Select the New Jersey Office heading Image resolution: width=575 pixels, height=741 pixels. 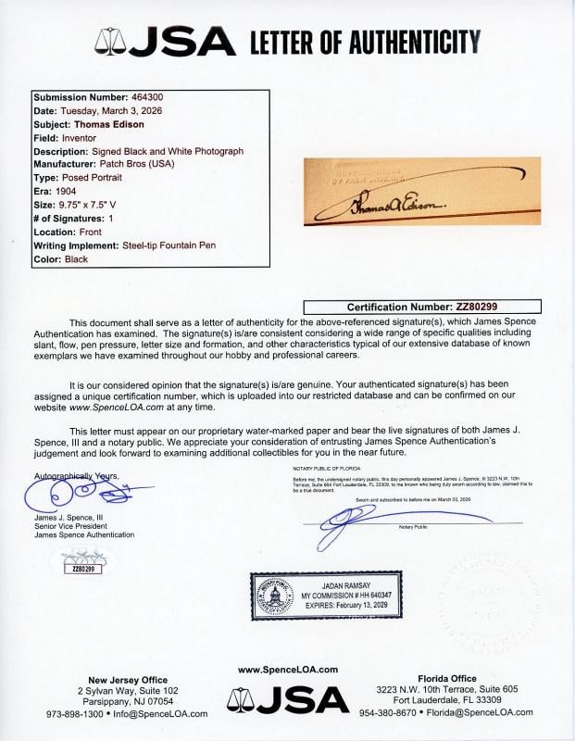[128, 679]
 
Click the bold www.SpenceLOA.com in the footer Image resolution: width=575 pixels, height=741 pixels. [287, 670]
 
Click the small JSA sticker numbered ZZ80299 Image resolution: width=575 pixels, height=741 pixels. [81, 562]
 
